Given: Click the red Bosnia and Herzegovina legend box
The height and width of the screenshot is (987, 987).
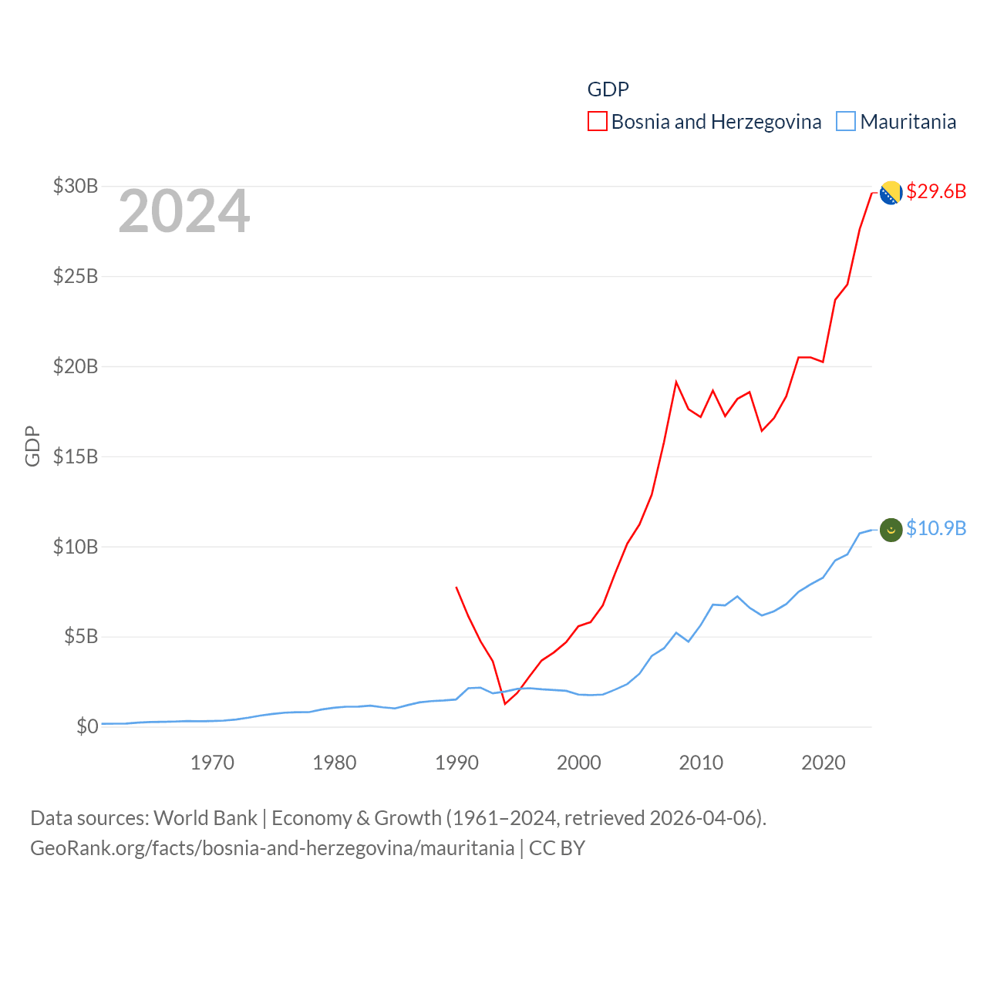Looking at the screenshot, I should tap(598, 122).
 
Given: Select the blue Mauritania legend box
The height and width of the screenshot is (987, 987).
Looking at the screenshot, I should tap(846, 122).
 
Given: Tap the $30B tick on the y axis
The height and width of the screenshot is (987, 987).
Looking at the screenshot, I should tap(76, 186).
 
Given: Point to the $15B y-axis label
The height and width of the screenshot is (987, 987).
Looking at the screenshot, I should tap(76, 456).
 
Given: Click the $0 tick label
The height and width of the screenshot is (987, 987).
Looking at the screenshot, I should tap(87, 726).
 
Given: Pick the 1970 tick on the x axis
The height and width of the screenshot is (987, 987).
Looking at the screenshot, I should tap(212, 763).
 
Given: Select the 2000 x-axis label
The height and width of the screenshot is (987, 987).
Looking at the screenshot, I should tap(579, 763).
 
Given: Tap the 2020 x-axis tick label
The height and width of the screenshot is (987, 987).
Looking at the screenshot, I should tap(824, 763).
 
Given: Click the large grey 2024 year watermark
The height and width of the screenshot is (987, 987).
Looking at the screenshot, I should tap(184, 211).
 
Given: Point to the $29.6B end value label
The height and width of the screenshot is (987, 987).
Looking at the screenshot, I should tap(936, 191).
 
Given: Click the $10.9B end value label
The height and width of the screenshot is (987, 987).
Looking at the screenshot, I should tap(936, 528).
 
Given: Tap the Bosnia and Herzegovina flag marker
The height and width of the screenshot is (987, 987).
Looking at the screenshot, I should tap(891, 193).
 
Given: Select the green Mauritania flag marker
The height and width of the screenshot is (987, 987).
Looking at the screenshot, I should tap(891, 530).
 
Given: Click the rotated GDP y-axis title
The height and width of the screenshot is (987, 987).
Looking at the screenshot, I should tap(32, 446).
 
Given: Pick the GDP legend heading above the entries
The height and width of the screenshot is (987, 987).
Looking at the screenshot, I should tap(608, 89).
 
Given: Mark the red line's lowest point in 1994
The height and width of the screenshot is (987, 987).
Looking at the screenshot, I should tap(505, 703).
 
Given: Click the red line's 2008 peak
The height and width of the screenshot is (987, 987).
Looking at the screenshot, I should tap(676, 382).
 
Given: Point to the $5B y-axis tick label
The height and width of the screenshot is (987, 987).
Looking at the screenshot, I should tap(81, 636).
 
